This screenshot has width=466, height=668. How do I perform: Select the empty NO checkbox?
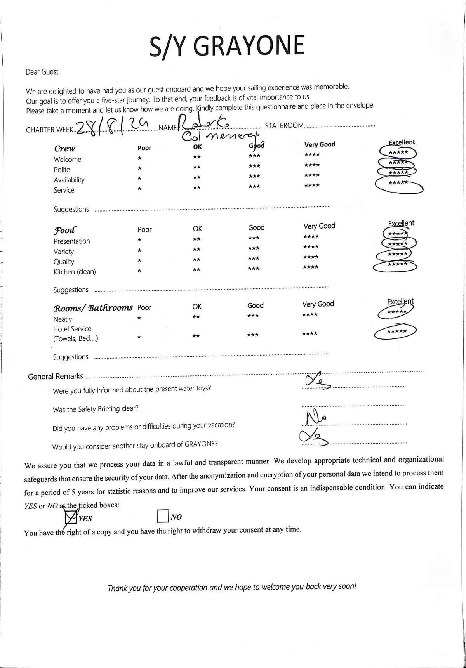(x=162, y=516)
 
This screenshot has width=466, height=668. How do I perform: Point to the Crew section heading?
(x=65, y=148)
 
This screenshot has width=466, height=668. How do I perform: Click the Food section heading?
(x=65, y=230)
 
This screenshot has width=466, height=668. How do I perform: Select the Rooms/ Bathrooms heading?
(x=93, y=308)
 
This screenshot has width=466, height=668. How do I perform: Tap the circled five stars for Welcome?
(x=398, y=153)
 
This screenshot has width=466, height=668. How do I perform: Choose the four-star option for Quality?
(x=311, y=257)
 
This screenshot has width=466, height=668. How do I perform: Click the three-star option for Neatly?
(x=253, y=316)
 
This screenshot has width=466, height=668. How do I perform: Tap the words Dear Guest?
(x=43, y=72)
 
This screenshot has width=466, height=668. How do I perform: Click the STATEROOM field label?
(x=284, y=126)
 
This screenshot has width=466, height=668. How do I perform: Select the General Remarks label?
(x=56, y=377)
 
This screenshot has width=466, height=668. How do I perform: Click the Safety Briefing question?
(x=96, y=409)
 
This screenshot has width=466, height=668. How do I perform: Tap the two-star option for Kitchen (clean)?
(x=196, y=269)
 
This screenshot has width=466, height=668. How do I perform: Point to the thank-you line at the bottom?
(x=232, y=587)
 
